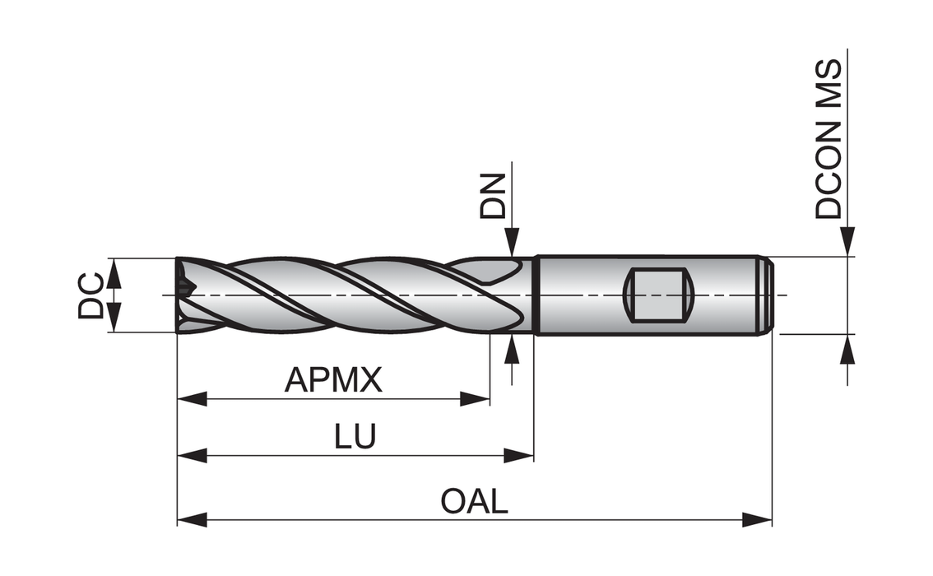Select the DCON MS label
point(829,139)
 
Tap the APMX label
point(333,380)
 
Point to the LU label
point(355,437)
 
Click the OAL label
point(474,501)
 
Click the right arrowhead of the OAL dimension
point(757,519)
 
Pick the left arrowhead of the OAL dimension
point(192,519)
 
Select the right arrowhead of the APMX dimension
point(476,399)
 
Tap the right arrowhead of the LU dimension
point(519,455)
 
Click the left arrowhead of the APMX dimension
point(192,399)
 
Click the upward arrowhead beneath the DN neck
point(512,349)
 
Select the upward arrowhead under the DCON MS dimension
point(847,349)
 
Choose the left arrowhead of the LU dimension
point(192,455)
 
